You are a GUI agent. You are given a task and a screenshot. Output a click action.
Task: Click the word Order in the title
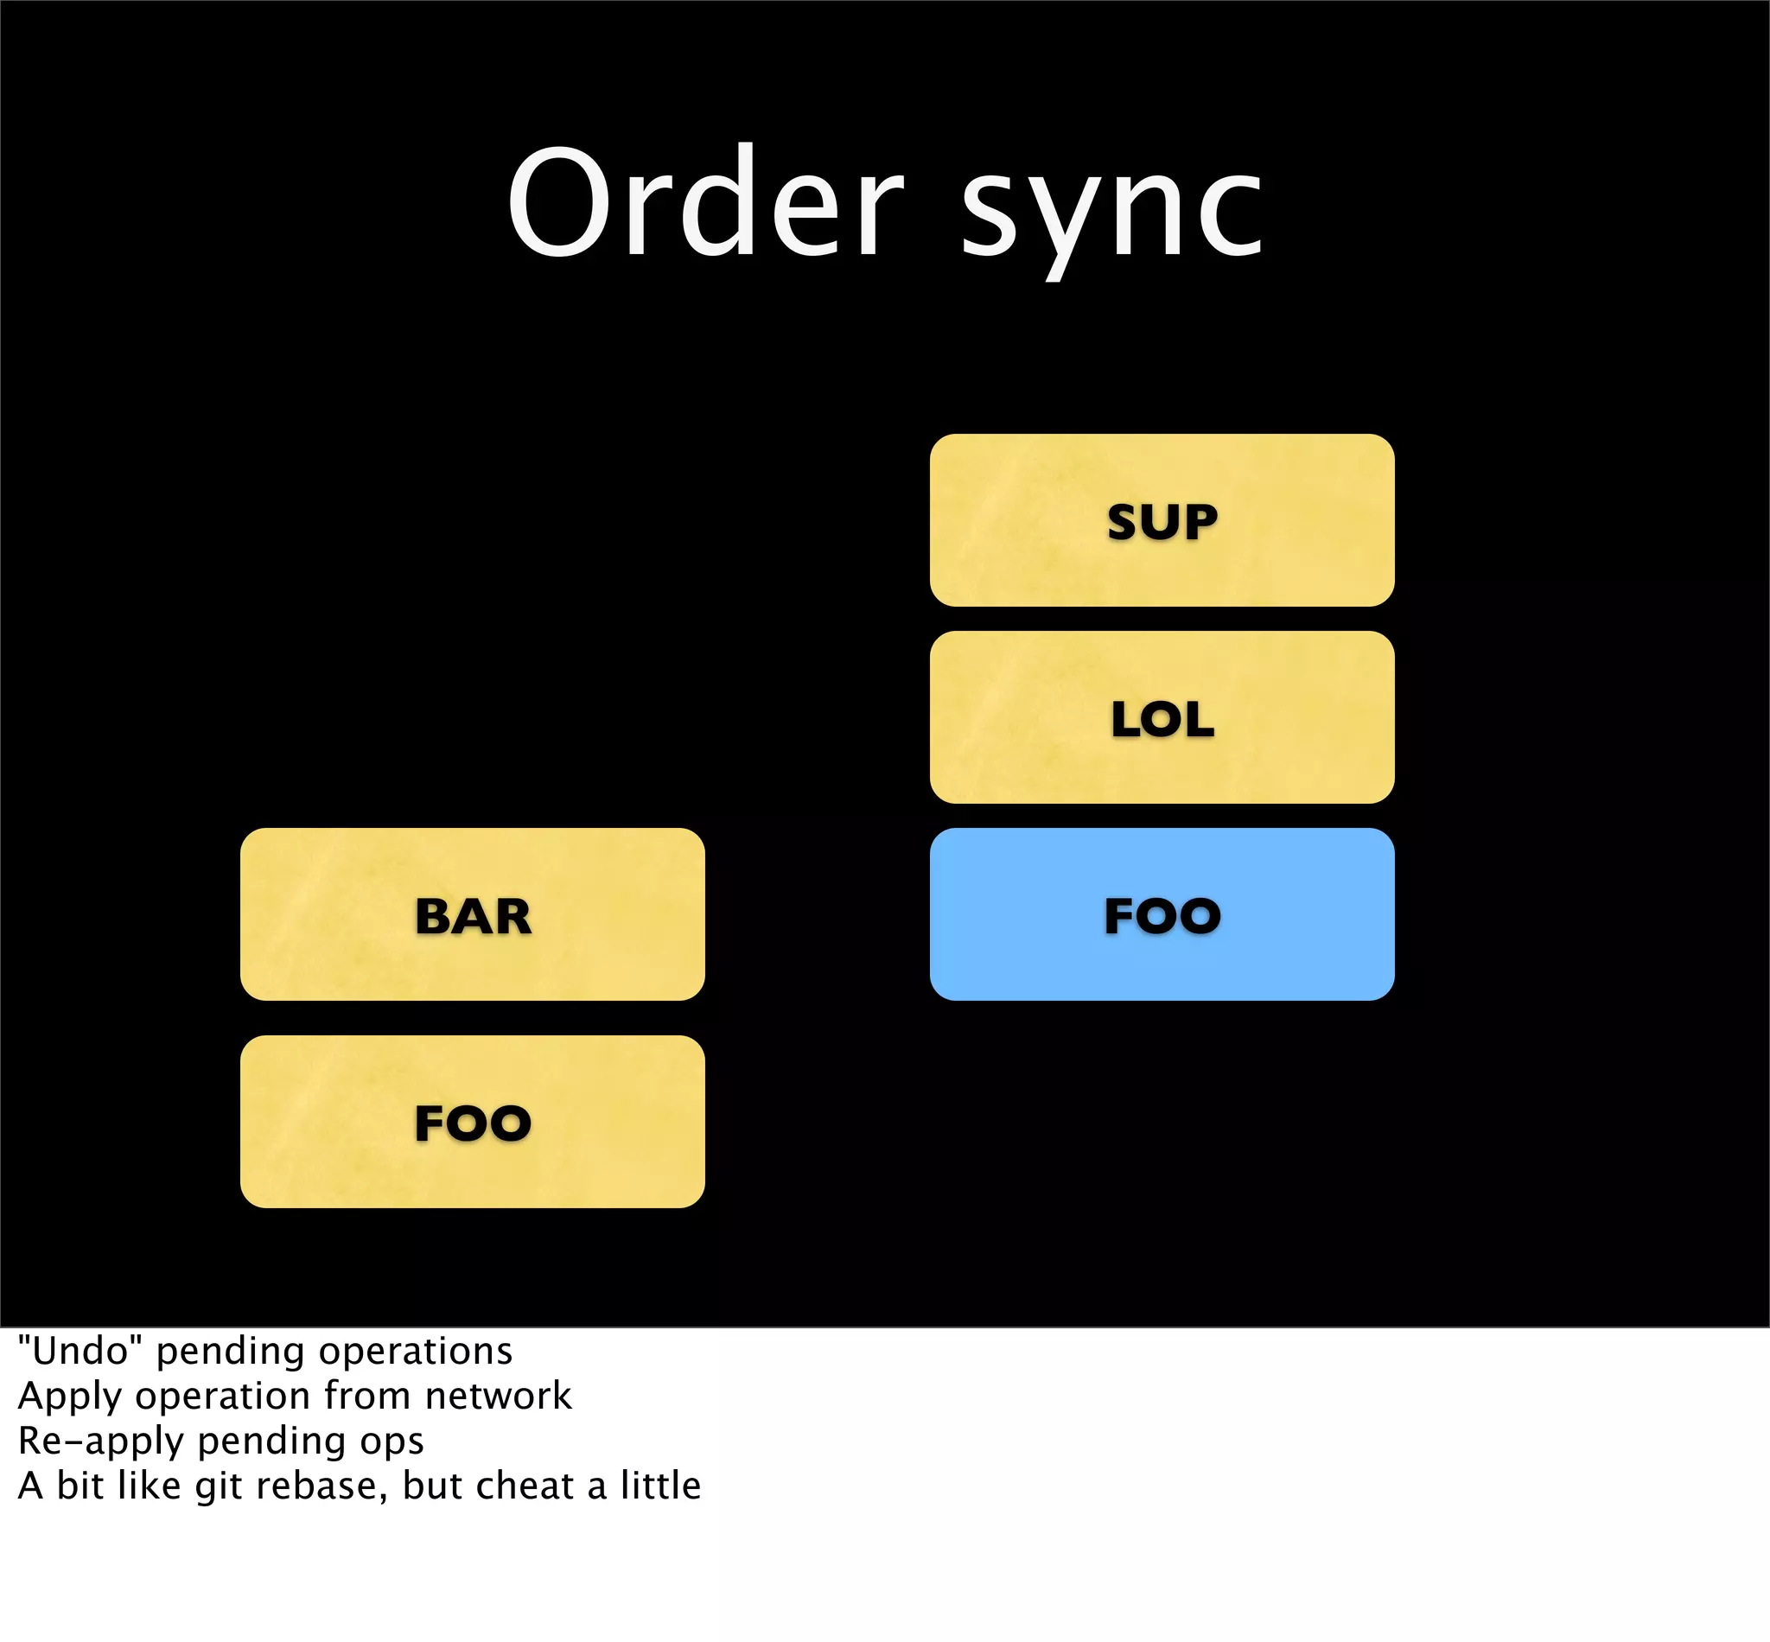[705, 202]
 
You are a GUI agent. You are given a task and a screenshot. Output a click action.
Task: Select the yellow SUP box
[1162, 520]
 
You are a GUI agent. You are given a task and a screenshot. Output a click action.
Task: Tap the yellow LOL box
[1162, 718]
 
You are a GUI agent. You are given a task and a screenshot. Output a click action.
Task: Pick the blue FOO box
[1162, 915]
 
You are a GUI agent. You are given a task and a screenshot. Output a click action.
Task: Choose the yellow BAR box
[472, 915]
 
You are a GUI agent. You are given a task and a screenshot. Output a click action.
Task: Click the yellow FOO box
[472, 1123]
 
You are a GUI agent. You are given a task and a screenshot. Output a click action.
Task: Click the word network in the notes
[498, 1396]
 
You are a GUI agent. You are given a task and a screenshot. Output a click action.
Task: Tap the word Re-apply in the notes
[101, 1442]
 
